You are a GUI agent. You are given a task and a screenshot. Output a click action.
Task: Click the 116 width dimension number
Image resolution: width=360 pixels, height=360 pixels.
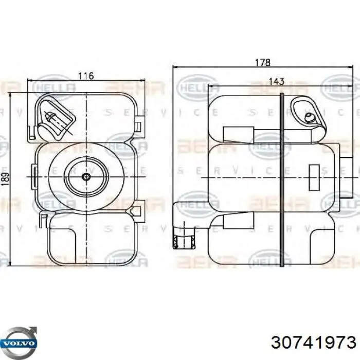point(85,76)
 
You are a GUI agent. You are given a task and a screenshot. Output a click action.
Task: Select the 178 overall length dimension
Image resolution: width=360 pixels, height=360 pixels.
point(263,62)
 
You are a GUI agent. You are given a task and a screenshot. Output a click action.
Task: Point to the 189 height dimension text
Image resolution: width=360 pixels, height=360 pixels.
point(6,178)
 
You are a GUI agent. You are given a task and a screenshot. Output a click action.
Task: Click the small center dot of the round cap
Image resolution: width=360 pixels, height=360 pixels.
point(86,177)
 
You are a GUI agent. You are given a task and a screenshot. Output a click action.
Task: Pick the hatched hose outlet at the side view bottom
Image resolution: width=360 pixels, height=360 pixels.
point(183,241)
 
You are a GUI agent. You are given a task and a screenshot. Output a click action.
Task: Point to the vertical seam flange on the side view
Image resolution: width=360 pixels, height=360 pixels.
point(281,177)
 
